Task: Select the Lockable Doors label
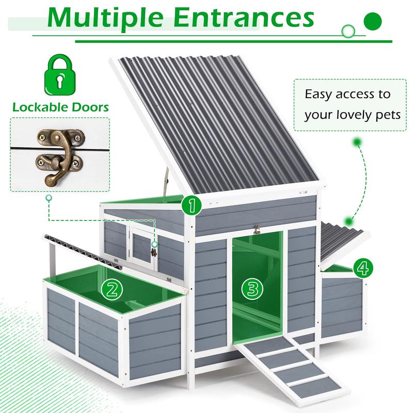pos(60,107)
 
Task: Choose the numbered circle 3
pos(252,289)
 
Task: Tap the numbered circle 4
pos(363,267)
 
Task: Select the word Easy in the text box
pos(317,94)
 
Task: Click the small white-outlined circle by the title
pos(350,30)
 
